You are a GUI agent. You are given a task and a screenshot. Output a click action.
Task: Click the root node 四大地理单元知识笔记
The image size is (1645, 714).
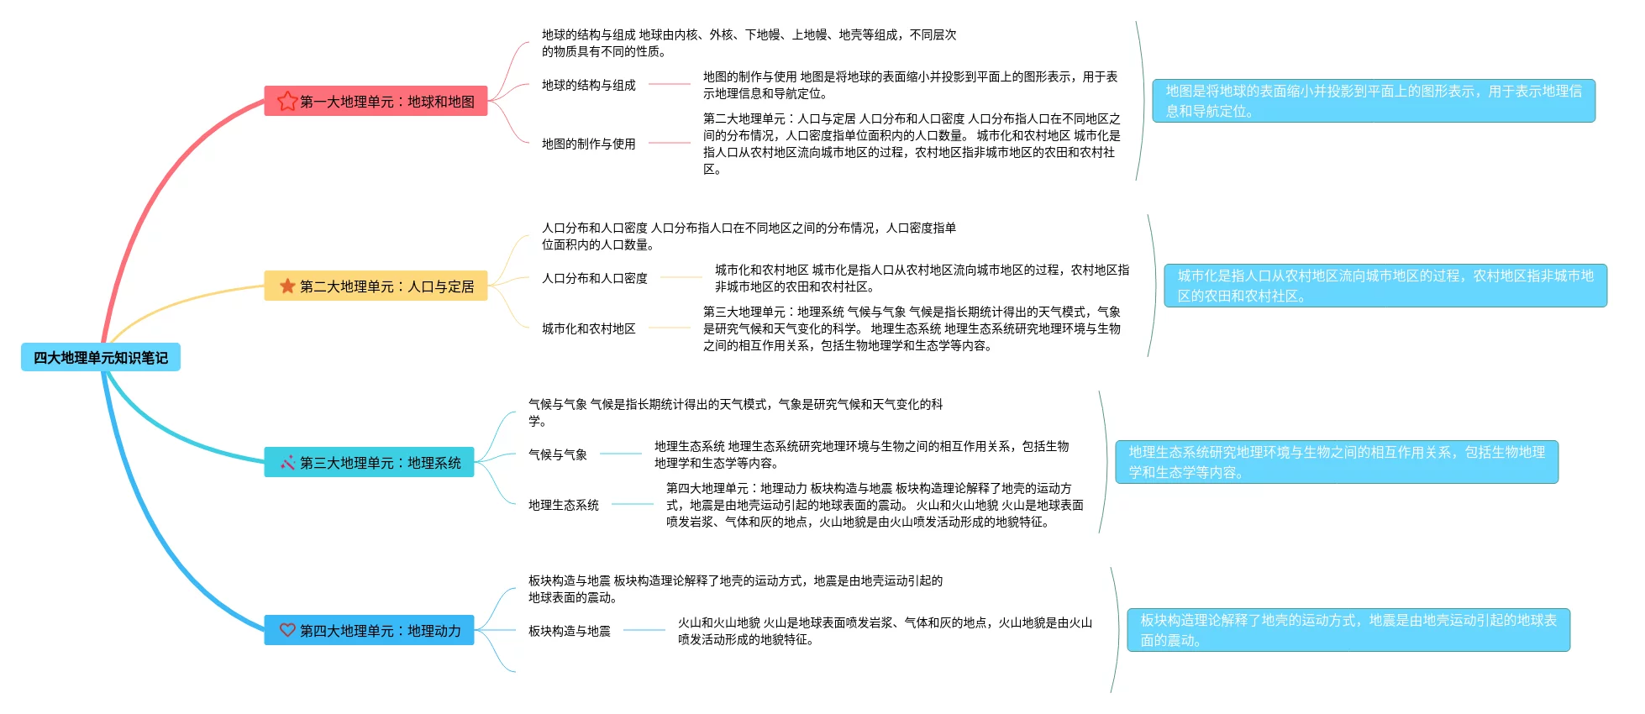tap(100, 358)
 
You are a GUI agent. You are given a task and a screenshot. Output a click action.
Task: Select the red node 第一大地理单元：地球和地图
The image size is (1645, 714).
tap(376, 101)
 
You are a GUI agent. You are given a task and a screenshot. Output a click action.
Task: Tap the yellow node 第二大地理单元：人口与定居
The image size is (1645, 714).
tap(376, 286)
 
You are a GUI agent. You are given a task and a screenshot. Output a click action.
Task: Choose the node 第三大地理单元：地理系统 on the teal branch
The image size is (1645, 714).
tap(369, 462)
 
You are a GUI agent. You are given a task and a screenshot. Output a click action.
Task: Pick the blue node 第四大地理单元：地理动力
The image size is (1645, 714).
tap(369, 630)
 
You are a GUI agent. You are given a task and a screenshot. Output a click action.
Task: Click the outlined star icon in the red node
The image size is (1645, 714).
tap(287, 101)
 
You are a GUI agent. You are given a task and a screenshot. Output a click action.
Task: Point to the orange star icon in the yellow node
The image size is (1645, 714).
tap(287, 286)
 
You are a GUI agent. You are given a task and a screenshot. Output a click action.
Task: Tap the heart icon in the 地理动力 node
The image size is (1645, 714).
tap(287, 630)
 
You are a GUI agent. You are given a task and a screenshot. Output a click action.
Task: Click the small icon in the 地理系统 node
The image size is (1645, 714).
tap(287, 462)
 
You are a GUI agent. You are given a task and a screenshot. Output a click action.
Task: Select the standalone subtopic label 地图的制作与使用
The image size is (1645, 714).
tap(588, 144)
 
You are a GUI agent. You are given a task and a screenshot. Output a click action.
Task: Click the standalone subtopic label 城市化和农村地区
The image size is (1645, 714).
tap(588, 328)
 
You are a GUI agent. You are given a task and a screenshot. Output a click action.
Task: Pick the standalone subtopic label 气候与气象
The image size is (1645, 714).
tap(557, 454)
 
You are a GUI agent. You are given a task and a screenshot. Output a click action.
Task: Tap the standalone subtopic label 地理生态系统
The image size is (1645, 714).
tap(563, 505)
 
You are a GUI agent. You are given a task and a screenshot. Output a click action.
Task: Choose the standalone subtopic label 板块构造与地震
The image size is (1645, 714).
tap(569, 631)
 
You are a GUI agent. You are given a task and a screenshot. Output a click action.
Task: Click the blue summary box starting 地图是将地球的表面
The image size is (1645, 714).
tap(1373, 101)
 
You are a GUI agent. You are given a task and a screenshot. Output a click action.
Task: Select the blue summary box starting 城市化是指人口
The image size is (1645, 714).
tap(1385, 286)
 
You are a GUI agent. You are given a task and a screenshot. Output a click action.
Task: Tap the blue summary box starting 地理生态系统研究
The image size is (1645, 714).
tap(1336, 462)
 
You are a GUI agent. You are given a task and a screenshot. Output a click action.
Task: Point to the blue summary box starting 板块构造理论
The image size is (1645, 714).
tap(1348, 630)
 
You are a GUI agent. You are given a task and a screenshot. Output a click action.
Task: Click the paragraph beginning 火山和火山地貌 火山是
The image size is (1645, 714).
tap(884, 631)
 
